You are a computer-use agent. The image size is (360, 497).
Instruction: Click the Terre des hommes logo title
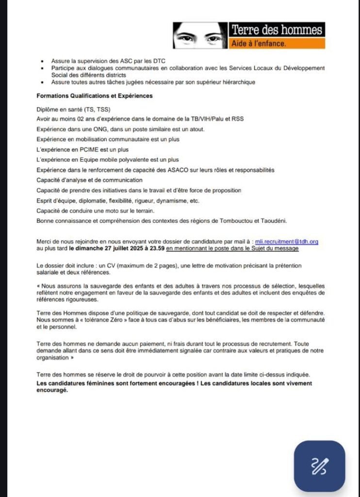pyautogui.click(x=277, y=30)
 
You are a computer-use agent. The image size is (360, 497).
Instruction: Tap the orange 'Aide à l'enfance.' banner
pyautogui.click(x=277, y=44)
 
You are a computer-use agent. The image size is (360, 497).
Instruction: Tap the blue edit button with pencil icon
pyautogui.click(x=319, y=466)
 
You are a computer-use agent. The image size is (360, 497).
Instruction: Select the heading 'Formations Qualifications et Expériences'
pyautogui.click(x=95, y=96)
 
